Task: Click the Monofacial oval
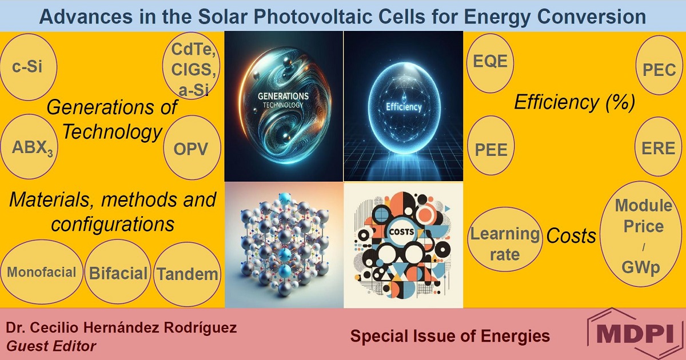pos(41,272)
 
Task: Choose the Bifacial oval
pos(118,273)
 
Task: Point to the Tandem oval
pos(188,274)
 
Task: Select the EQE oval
pos(491,61)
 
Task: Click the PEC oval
pos(659,70)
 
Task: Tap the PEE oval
pos(491,150)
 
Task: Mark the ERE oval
pos(659,148)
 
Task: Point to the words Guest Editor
pos(51,346)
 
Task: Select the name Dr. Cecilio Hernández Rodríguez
pos(121,328)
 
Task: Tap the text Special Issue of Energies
pos(450,336)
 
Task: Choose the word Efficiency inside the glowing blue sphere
pos(403,107)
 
